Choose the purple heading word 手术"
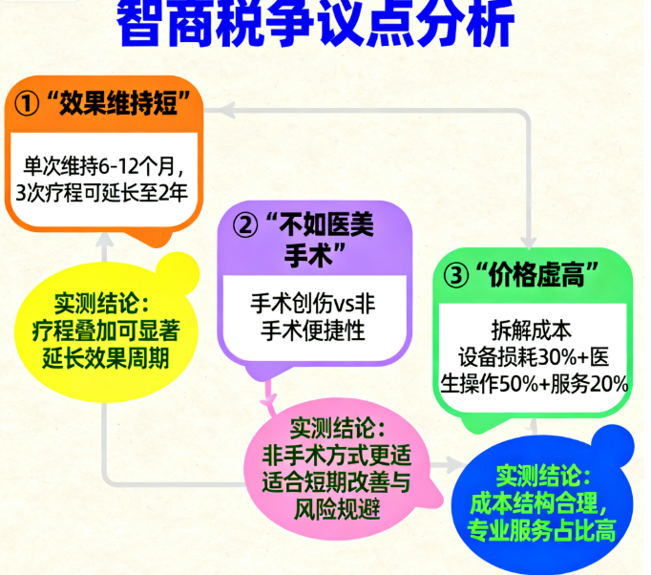(x=316, y=255)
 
